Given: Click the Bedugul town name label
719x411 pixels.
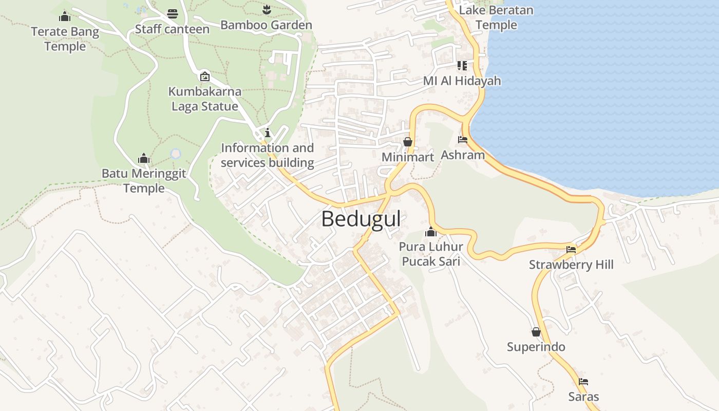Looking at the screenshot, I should pyautogui.click(x=361, y=219).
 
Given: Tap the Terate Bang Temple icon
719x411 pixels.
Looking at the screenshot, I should pyautogui.click(x=65, y=16).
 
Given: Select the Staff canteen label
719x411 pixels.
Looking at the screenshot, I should pyautogui.click(x=172, y=29).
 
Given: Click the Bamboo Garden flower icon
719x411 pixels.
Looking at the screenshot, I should pyautogui.click(x=266, y=9).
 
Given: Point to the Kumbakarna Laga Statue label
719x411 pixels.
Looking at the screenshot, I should pyautogui.click(x=204, y=99).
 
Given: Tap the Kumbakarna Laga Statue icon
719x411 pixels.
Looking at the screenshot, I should pyautogui.click(x=204, y=77).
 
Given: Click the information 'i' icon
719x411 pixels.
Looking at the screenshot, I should pyautogui.click(x=267, y=133).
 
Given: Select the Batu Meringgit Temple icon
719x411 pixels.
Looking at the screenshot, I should pyautogui.click(x=144, y=158).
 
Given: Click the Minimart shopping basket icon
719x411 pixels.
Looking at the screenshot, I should pyautogui.click(x=408, y=142).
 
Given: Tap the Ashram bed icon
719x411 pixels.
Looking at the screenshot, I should pyautogui.click(x=462, y=139).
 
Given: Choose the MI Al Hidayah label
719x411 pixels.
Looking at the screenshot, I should pyautogui.click(x=462, y=81).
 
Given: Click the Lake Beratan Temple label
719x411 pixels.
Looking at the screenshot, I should pyautogui.click(x=496, y=17).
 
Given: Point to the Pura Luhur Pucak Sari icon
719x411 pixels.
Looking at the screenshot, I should pyautogui.click(x=431, y=232).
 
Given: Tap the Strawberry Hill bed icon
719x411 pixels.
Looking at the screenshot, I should pyautogui.click(x=571, y=250).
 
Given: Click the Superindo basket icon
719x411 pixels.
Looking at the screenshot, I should pyautogui.click(x=536, y=332).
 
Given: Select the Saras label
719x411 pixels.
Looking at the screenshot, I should pyautogui.click(x=583, y=397).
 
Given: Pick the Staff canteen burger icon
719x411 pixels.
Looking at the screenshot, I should pyautogui.click(x=173, y=14).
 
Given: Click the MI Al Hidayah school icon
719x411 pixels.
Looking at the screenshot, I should pyautogui.click(x=462, y=66).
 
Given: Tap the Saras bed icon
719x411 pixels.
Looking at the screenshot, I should pyautogui.click(x=583, y=382).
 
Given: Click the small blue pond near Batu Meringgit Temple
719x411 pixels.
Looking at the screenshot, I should pyautogui.click(x=176, y=154).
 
